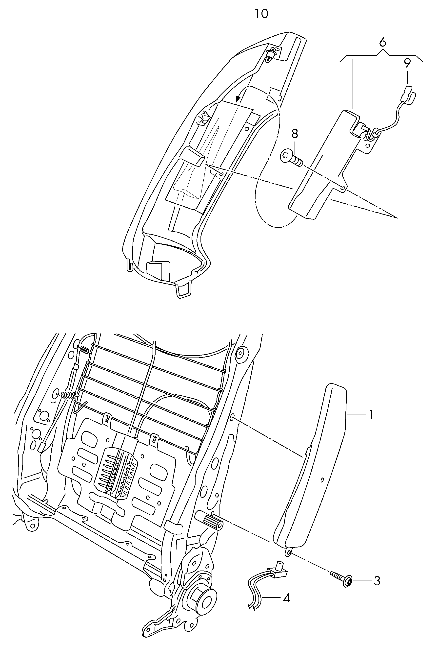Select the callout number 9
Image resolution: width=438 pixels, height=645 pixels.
pos(407,64)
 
